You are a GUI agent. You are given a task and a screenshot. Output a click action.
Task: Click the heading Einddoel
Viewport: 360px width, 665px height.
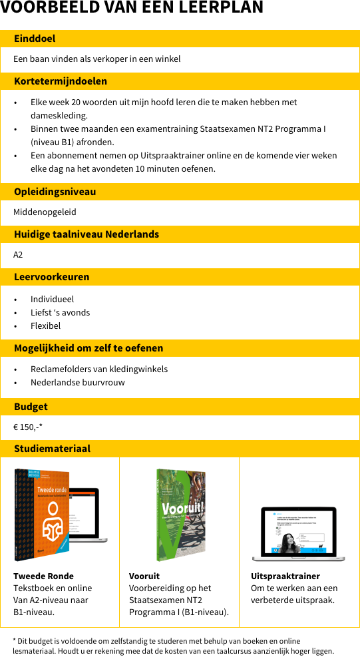35,39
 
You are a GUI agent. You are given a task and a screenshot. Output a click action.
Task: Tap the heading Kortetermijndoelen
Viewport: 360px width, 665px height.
61,81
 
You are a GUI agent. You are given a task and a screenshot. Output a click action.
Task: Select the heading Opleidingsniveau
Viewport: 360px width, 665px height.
55,192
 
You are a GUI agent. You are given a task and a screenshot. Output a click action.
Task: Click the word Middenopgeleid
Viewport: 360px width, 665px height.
45,212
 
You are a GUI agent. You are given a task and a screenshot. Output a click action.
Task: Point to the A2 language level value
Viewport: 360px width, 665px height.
18,255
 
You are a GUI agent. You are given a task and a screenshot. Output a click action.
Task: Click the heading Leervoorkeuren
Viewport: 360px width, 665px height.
52,277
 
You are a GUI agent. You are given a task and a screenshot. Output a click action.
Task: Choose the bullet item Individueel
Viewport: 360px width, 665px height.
52,300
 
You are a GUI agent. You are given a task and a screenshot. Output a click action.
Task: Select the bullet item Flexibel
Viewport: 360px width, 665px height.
45,326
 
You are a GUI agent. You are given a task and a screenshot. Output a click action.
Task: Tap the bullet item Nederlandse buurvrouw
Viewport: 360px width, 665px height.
77,383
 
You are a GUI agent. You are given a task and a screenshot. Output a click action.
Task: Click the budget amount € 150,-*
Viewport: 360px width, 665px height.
28,427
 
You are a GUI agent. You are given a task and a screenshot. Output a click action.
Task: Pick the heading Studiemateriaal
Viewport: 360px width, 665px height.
52,449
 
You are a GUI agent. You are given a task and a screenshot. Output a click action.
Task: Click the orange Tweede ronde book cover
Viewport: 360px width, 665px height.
42,514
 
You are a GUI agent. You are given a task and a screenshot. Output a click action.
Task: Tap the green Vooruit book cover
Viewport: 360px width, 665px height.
180,514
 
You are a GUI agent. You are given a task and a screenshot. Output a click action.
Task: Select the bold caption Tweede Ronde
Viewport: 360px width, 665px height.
43,576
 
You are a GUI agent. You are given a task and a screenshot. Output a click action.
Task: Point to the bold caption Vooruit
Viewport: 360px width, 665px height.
144,576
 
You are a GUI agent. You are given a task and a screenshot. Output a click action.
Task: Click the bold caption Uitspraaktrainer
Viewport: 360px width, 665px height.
285,576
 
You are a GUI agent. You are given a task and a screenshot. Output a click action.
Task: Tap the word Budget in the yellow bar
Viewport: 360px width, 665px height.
31,407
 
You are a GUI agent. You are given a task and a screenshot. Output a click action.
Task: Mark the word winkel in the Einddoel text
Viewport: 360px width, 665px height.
168,59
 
